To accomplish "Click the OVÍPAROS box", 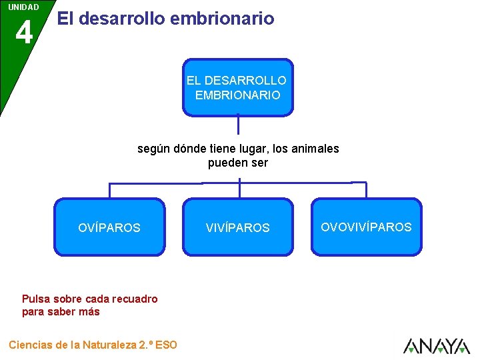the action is click(109, 227).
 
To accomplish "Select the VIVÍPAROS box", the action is click(238, 227).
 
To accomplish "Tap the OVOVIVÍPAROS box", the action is click(367, 227).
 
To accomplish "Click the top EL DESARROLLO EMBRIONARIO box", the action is click(237, 87).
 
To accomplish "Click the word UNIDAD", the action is click(23, 7).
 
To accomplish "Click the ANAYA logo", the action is click(437, 346).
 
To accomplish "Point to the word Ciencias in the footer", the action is click(31, 345).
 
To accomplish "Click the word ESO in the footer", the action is click(166, 345).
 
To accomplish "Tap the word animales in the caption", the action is click(314, 149).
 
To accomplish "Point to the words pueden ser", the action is click(238, 163).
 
